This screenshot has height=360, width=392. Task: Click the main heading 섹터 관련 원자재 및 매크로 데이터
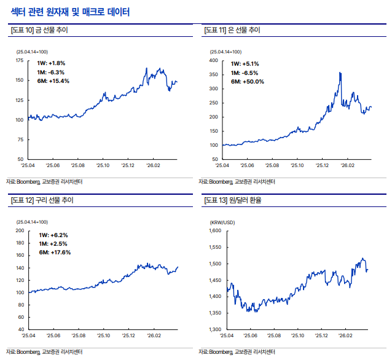click(70, 12)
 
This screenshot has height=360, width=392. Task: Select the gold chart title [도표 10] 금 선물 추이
click(39, 30)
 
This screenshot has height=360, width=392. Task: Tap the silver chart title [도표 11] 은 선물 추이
click(232, 30)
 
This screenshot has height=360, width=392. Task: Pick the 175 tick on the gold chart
click(20, 60)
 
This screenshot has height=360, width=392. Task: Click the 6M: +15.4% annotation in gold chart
click(53, 81)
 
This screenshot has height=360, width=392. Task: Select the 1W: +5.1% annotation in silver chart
click(245, 64)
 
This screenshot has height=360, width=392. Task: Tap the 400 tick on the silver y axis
click(214, 60)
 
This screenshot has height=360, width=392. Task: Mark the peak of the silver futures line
click(340, 72)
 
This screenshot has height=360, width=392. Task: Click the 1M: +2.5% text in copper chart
click(53, 244)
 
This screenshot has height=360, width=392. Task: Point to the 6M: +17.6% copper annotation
click(55, 252)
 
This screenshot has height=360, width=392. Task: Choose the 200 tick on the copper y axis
click(20, 230)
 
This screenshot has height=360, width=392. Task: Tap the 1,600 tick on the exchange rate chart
click(215, 230)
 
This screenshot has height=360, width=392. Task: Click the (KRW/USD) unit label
click(222, 222)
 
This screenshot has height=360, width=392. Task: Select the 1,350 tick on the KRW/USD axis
click(215, 313)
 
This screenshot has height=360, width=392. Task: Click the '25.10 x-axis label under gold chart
click(103, 165)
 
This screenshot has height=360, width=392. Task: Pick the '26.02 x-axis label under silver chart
click(348, 165)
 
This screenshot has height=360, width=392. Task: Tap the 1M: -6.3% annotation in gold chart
click(51, 72)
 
